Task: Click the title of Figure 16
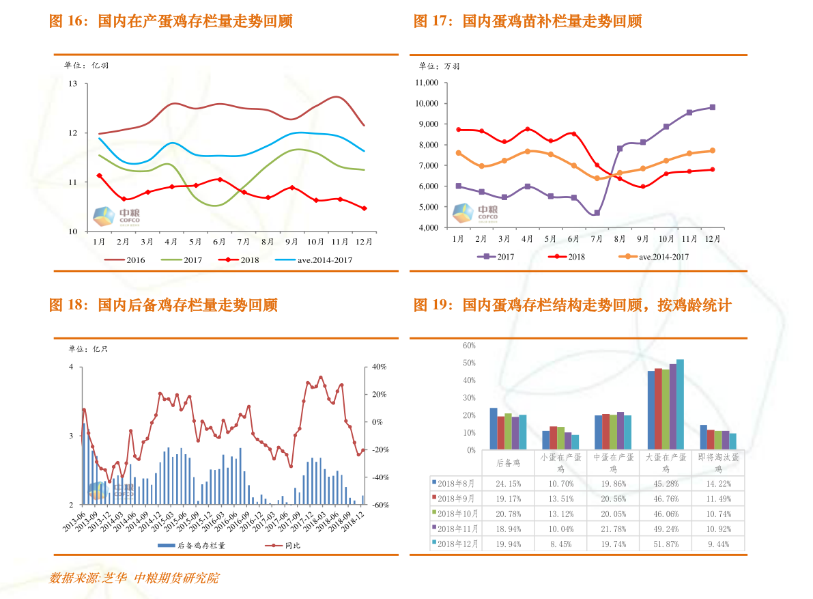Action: [x=171, y=21]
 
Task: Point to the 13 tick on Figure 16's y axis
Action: [x=73, y=83]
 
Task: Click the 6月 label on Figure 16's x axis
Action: [x=219, y=241]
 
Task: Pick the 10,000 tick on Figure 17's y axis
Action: [x=427, y=103]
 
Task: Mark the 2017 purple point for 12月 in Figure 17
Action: [x=712, y=107]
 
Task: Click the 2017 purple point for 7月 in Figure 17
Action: [x=597, y=213]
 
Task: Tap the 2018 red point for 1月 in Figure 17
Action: [x=459, y=130]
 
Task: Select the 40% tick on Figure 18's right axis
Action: [x=379, y=367]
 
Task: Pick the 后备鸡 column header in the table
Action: [x=507, y=462]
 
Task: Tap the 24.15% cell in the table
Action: [x=507, y=483]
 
